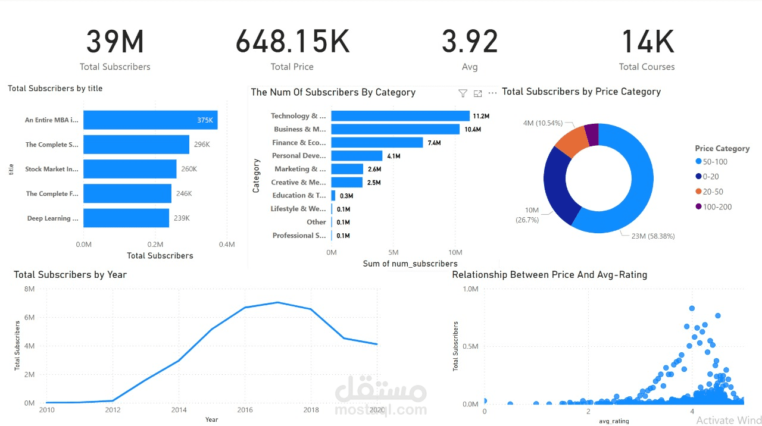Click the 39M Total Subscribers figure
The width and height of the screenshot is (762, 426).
click(x=115, y=42)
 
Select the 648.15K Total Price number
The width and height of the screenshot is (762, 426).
click(x=292, y=42)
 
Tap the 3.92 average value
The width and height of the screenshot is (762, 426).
click(x=470, y=42)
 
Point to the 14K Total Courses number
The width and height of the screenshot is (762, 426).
click(x=647, y=42)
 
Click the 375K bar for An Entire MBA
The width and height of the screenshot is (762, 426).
click(x=150, y=120)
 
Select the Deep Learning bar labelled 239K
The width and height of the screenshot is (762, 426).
click(x=126, y=218)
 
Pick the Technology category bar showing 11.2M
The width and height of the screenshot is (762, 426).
click(x=400, y=116)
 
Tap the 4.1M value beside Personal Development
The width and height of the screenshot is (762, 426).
click(x=394, y=156)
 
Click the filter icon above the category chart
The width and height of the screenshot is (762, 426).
click(x=463, y=93)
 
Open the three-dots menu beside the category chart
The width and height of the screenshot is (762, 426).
click(x=492, y=93)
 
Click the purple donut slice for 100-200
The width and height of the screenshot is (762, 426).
click(x=591, y=134)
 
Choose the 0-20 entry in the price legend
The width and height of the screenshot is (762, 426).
click(x=711, y=177)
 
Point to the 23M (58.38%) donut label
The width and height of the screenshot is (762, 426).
click(x=652, y=236)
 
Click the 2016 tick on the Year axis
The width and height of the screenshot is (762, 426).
click(x=245, y=411)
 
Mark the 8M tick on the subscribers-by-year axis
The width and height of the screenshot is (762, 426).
click(x=29, y=289)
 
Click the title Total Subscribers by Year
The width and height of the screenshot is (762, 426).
click(x=70, y=275)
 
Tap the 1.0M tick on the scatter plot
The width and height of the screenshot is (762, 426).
click(x=470, y=289)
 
